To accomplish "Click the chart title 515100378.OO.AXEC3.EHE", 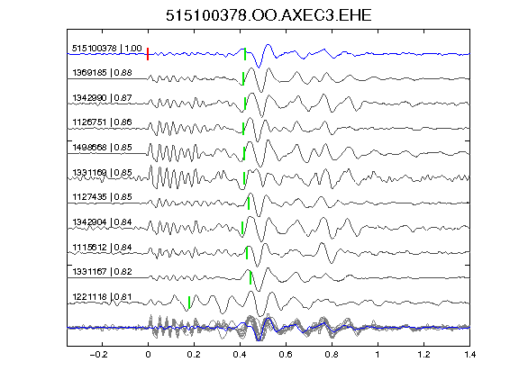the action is pyautogui.click(x=269, y=15).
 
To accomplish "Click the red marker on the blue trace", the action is pyautogui.click(x=148, y=54).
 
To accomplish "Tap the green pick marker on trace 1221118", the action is pyautogui.click(x=189, y=303).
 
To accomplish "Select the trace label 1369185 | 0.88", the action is pyautogui.click(x=103, y=72).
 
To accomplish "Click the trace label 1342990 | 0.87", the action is pyautogui.click(x=103, y=98).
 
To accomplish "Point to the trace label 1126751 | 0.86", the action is pyautogui.click(x=103, y=122).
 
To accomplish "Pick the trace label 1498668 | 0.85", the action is pyautogui.click(x=103, y=147).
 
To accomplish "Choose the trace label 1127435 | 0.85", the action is pyautogui.click(x=103, y=197).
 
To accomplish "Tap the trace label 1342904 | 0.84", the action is pyautogui.click(x=103, y=222).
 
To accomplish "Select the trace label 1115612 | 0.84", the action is pyautogui.click(x=103, y=247).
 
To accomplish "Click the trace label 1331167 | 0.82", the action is pyautogui.click(x=103, y=272).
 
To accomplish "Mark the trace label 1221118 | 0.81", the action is pyautogui.click(x=103, y=297).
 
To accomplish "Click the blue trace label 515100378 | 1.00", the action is pyautogui.click(x=107, y=49).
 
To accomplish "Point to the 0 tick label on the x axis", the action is pyautogui.click(x=148, y=355).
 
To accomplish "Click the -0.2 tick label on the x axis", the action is pyautogui.click(x=98, y=355).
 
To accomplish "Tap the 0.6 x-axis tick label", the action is pyautogui.click(x=286, y=355).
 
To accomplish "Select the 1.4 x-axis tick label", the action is pyautogui.click(x=469, y=355).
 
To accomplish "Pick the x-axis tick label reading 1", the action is pyautogui.click(x=378, y=355).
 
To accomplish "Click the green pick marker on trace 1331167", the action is pyautogui.click(x=250, y=278).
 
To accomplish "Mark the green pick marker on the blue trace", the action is pyautogui.click(x=245, y=54).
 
